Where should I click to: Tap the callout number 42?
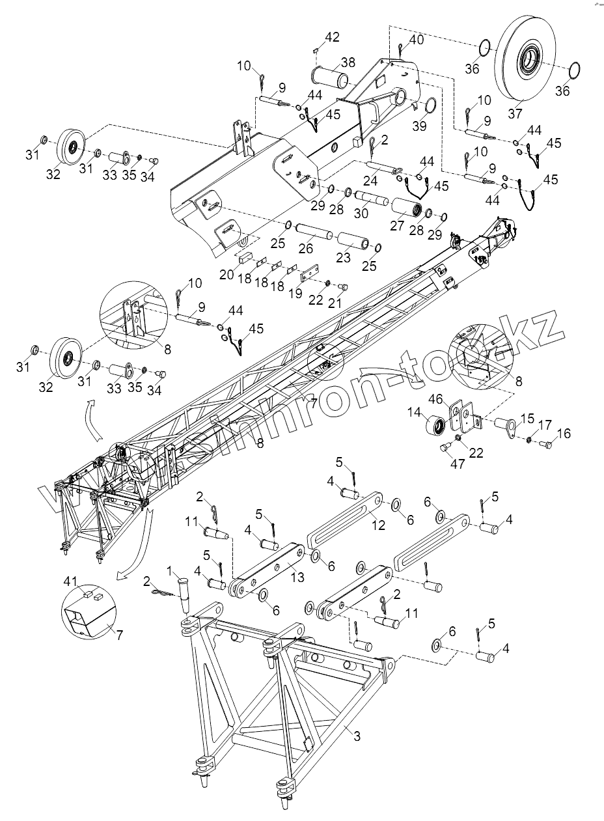tap(332, 37)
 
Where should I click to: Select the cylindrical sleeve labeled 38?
tap(332, 76)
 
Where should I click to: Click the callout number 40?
tap(416, 40)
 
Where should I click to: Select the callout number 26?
tap(306, 248)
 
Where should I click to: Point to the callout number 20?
tap(226, 275)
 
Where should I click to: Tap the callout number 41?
tap(71, 580)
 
